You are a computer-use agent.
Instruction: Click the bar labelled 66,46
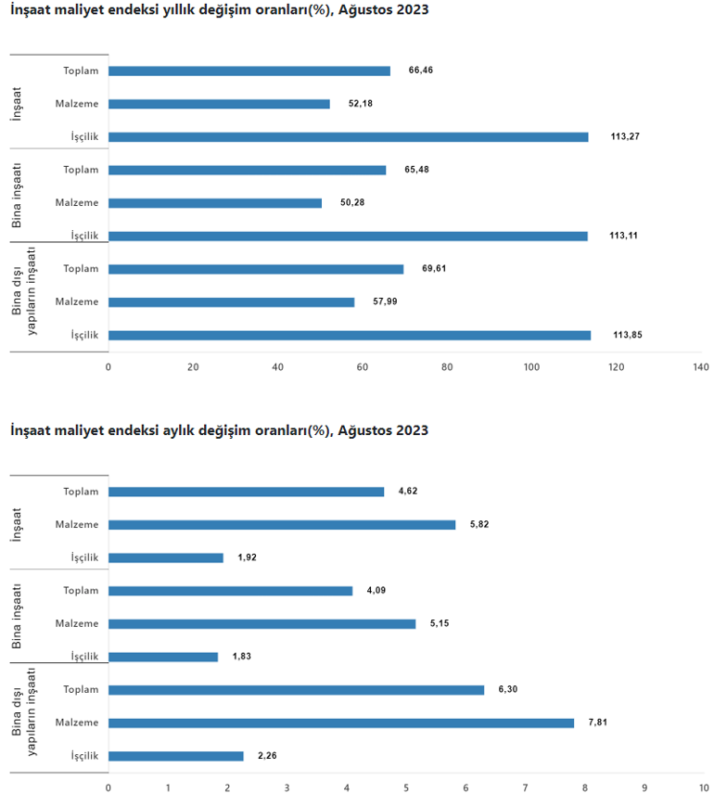coord(249,70)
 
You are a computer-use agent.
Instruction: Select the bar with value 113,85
coord(349,335)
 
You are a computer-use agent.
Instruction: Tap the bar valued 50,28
coord(215,203)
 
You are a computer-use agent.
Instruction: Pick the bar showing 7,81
coord(340,723)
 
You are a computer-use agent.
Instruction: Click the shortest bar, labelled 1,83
coord(163,657)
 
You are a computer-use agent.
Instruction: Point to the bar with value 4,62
coord(246,492)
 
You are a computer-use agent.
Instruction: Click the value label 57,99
coord(385,301)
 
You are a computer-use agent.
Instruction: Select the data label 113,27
coord(625,137)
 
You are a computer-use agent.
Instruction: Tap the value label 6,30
coord(507,689)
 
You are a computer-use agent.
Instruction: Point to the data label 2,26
coord(267,756)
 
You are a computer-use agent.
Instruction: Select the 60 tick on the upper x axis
coord(362,367)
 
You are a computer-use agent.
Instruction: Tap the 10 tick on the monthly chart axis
coord(702,788)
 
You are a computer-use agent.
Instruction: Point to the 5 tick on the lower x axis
coord(406,788)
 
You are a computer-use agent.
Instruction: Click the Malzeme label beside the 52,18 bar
coord(77,104)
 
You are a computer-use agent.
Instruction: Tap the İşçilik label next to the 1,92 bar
coord(84,557)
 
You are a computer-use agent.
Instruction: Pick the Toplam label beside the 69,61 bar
coord(81,269)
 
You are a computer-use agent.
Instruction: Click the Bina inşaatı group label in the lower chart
coord(17,616)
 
